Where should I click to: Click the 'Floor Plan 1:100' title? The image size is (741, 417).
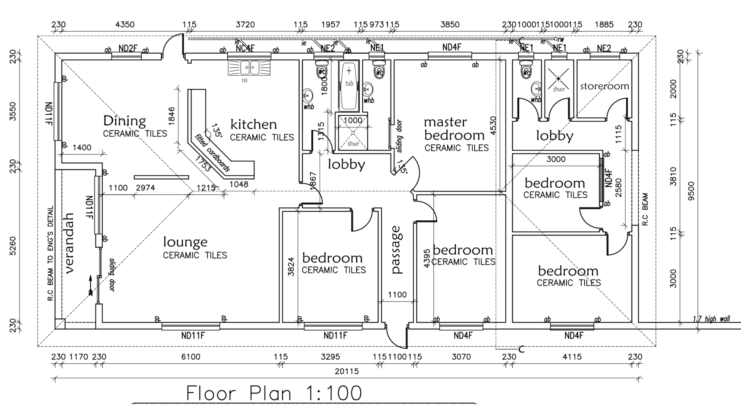pos(274,393)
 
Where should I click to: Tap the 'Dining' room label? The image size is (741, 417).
pos(124,121)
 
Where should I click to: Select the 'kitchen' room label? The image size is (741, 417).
pos(254,124)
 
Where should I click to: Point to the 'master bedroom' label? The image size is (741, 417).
pos(454,129)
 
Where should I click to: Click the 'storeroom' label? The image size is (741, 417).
pos(604,86)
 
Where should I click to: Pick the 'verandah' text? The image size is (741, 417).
pos(69,243)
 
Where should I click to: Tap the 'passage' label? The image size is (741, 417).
pos(396,250)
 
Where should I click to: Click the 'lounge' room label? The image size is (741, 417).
pos(185,242)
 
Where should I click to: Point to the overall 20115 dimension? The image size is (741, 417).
pos(347,371)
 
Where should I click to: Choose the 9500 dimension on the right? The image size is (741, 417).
pos(691,191)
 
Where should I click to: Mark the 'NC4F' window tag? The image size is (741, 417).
pos(245,48)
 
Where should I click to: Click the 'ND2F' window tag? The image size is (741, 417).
pos(128,48)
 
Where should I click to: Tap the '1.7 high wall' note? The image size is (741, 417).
pos(711,319)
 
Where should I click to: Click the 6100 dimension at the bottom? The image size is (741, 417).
pos(191,357)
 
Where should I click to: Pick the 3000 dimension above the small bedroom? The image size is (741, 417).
pos(556,159)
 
